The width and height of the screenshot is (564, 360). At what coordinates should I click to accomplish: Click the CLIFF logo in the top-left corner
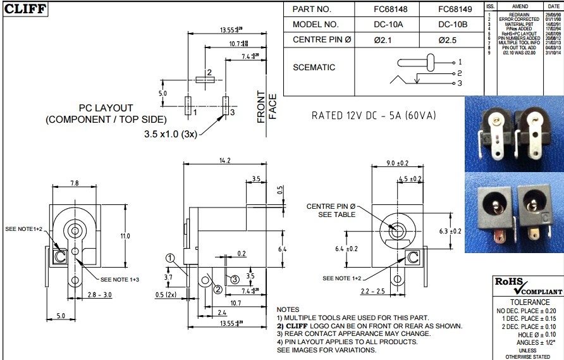pos(25,9)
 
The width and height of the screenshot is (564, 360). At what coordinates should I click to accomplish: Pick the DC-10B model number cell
pos(452,25)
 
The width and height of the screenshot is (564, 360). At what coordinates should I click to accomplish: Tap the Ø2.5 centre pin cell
pos(452,40)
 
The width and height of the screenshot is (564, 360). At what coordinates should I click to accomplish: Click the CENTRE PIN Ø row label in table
pos(322,40)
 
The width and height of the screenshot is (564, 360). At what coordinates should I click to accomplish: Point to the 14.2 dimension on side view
pos(224,161)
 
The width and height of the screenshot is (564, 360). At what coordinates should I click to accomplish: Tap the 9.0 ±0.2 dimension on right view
pos(397,163)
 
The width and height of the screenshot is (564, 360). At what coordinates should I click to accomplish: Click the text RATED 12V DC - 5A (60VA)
pos(374,116)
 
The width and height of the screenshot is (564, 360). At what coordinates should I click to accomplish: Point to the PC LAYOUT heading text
pos(106,108)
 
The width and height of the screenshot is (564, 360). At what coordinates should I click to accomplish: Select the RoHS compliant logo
pos(527,286)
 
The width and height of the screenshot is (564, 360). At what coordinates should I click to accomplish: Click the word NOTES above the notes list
pos(288,309)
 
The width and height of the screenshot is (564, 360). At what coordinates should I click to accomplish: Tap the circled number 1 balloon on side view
pos(170,258)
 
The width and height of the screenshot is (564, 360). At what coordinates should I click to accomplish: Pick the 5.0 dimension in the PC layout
pos(162,94)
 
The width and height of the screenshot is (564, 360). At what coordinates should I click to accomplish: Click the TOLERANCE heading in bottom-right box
pos(527,302)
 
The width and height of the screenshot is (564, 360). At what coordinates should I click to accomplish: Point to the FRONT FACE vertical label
pos(267,107)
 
